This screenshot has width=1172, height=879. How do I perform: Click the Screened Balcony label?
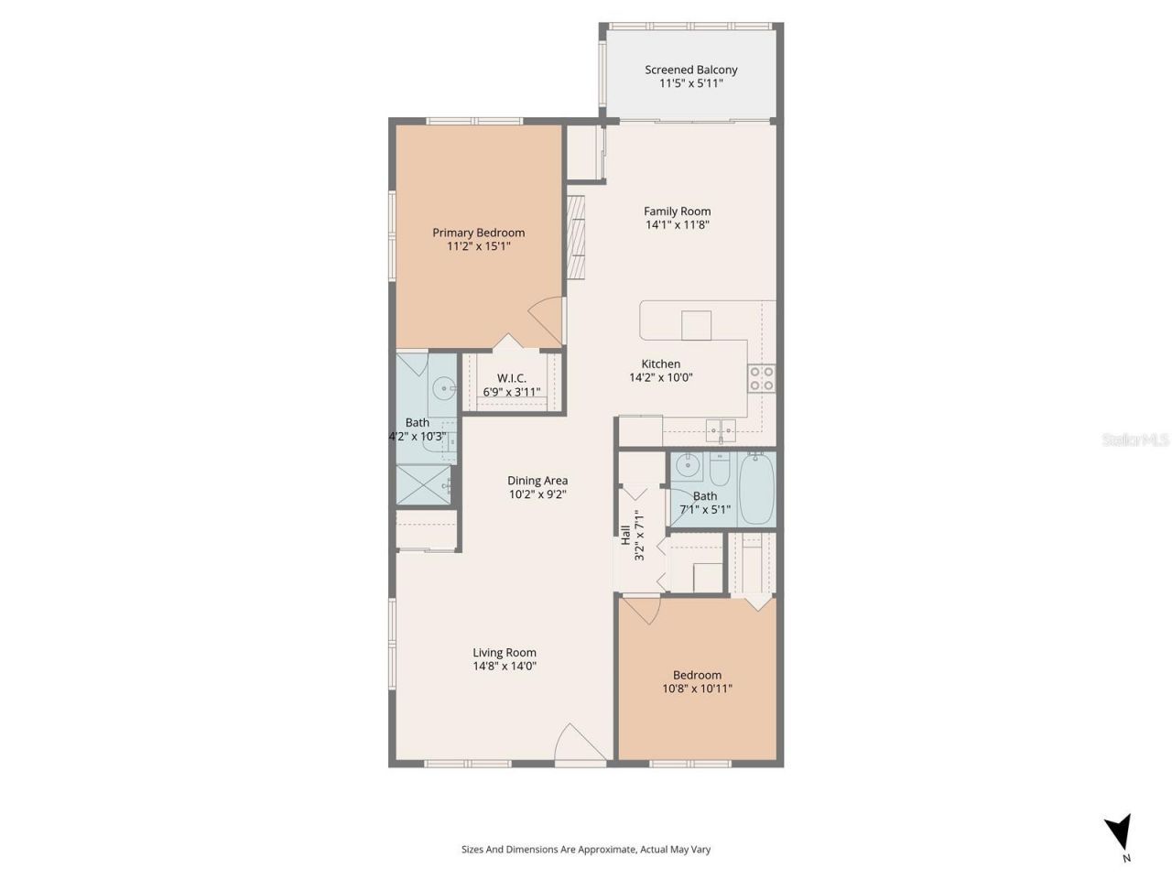coord(690,70)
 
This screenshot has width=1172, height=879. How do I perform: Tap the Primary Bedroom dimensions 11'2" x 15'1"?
coord(478,246)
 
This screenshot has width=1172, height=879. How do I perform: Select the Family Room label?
coord(677,212)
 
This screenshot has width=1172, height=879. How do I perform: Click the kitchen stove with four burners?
coord(762,378)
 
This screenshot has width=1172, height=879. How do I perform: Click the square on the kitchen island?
coord(696,325)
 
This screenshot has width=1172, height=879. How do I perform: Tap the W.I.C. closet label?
coord(511,378)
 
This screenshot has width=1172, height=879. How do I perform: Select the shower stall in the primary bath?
coord(425,484)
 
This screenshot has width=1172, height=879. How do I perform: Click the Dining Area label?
coord(537,481)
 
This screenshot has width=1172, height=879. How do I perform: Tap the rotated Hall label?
coord(625,536)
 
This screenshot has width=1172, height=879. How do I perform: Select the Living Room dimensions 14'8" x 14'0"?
coord(504,667)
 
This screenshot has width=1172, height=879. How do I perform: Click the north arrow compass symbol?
coord(1118,834)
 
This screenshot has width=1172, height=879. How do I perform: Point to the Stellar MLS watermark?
coord(1135,440)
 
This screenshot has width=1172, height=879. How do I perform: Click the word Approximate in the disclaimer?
coord(599,850)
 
